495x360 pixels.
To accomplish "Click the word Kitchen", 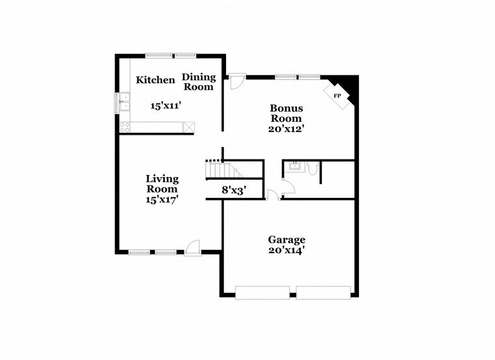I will [x=155, y=80].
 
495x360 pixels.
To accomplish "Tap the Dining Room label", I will [x=198, y=82].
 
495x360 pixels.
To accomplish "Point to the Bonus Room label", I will [x=286, y=113].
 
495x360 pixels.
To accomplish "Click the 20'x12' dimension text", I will [x=287, y=129].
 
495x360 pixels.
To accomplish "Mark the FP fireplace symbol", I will [x=337, y=96].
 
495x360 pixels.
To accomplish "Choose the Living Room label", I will [x=162, y=184].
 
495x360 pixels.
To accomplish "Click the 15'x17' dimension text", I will [x=162, y=200].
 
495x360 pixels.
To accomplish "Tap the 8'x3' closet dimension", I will [x=233, y=191].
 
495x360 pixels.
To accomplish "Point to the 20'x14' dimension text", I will [x=287, y=250].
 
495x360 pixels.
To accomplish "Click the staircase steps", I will [x=221, y=171].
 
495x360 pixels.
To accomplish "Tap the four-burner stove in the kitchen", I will [x=124, y=128].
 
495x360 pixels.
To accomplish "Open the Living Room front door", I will [x=193, y=247].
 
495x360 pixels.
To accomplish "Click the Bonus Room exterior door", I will [x=236, y=82].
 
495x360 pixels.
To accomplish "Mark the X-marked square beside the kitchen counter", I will [x=190, y=128].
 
